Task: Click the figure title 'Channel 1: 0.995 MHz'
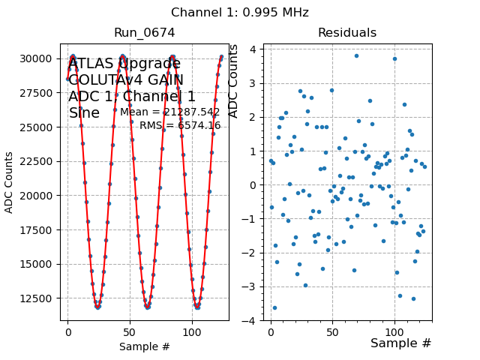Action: click(240, 13)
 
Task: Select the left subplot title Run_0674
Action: click(144, 33)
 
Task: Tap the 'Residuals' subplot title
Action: click(347, 33)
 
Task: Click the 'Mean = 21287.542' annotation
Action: click(170, 112)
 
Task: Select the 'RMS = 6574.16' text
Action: click(180, 125)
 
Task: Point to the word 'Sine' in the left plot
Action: click(84, 113)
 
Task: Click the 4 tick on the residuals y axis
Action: click(255, 49)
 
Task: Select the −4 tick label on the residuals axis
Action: click(252, 321)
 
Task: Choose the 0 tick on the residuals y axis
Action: click(255, 185)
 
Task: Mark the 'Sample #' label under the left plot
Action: click(144, 346)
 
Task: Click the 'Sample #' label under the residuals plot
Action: click(400, 343)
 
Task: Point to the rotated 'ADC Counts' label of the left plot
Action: click(10, 182)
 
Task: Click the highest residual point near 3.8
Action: click(356, 55)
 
